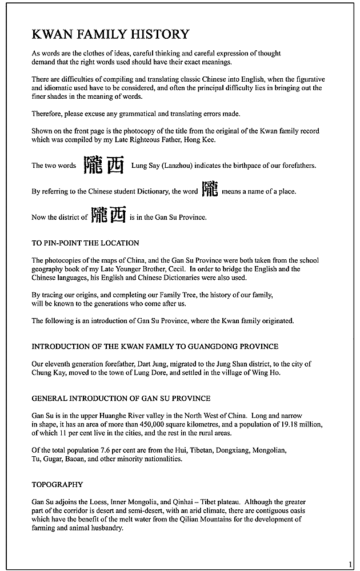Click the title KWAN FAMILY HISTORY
click(x=110, y=35)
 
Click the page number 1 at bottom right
click(x=350, y=564)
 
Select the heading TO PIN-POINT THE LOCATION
click(x=85, y=243)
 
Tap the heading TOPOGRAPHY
click(x=57, y=485)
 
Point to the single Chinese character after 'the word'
click(x=210, y=190)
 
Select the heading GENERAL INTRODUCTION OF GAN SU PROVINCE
click(x=121, y=398)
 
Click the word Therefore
click(x=48, y=114)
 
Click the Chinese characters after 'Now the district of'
click(x=109, y=215)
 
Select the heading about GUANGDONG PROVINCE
click(x=155, y=346)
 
